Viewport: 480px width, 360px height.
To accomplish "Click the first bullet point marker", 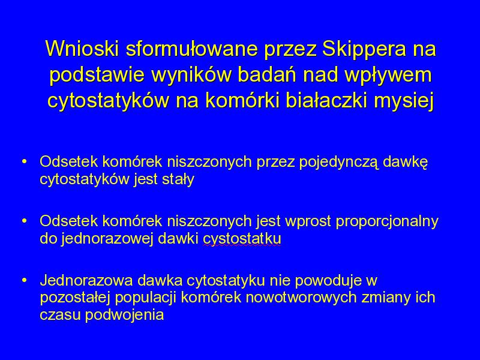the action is (x=25, y=161).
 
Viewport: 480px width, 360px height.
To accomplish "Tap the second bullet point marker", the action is (x=25, y=221).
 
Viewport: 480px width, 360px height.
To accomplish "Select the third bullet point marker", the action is (x=25, y=280).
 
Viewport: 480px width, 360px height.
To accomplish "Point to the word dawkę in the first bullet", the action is (x=406, y=162).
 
